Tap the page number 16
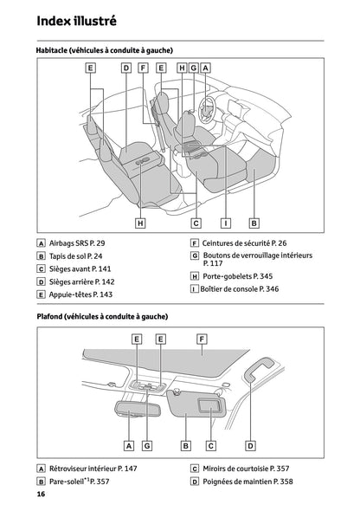[x=41, y=494]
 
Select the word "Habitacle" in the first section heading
[x=56, y=51]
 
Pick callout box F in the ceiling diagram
[x=202, y=339]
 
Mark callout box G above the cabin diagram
[x=194, y=68]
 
